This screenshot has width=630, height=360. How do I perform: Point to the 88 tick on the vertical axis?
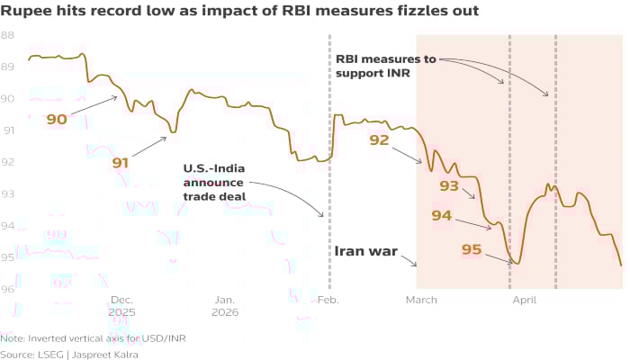(7, 35)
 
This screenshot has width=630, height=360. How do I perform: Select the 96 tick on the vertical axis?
(7, 289)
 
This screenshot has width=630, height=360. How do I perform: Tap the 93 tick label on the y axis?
(7, 193)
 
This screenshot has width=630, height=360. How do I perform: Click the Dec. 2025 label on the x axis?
(121, 306)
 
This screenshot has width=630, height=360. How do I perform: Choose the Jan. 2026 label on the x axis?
(225, 306)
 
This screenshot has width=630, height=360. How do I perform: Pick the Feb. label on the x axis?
(328, 300)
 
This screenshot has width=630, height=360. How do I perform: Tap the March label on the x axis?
(421, 300)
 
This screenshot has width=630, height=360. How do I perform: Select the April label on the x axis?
(523, 300)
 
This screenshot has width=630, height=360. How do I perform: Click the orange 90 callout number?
(57, 119)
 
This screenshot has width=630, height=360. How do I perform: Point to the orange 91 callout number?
(121, 163)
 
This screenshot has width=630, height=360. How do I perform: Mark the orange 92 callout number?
(379, 139)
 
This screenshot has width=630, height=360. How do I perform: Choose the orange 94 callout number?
(442, 215)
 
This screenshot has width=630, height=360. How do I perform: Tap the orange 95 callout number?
(472, 248)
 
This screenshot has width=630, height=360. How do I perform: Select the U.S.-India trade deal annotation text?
(214, 183)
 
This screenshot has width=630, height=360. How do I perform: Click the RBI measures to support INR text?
(386, 66)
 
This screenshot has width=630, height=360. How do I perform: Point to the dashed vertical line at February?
(329, 108)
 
